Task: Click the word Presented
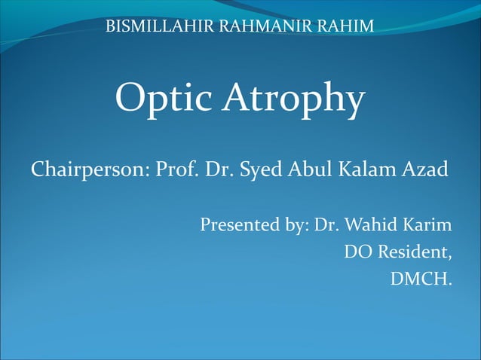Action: tap(237, 225)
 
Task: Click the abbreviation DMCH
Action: tap(421, 280)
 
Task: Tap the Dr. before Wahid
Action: tap(326, 225)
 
